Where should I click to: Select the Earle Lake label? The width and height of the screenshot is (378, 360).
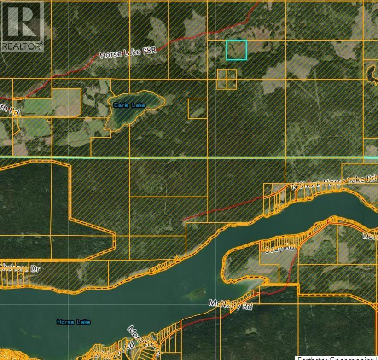(x=130, y=105)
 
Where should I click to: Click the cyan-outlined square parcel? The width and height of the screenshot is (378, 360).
(x=236, y=50)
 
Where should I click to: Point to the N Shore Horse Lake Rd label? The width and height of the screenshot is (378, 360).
(x=334, y=181)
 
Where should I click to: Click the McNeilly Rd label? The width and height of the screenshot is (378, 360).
(x=231, y=304)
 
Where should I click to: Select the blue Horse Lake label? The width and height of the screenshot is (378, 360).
(x=74, y=322)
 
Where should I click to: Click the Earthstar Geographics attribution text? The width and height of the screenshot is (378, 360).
(x=337, y=358)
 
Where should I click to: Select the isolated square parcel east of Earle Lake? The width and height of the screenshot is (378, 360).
(x=198, y=109)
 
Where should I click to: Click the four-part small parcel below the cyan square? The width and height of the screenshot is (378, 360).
(x=227, y=79)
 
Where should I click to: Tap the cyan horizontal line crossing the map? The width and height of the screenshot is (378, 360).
(x=184, y=157)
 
